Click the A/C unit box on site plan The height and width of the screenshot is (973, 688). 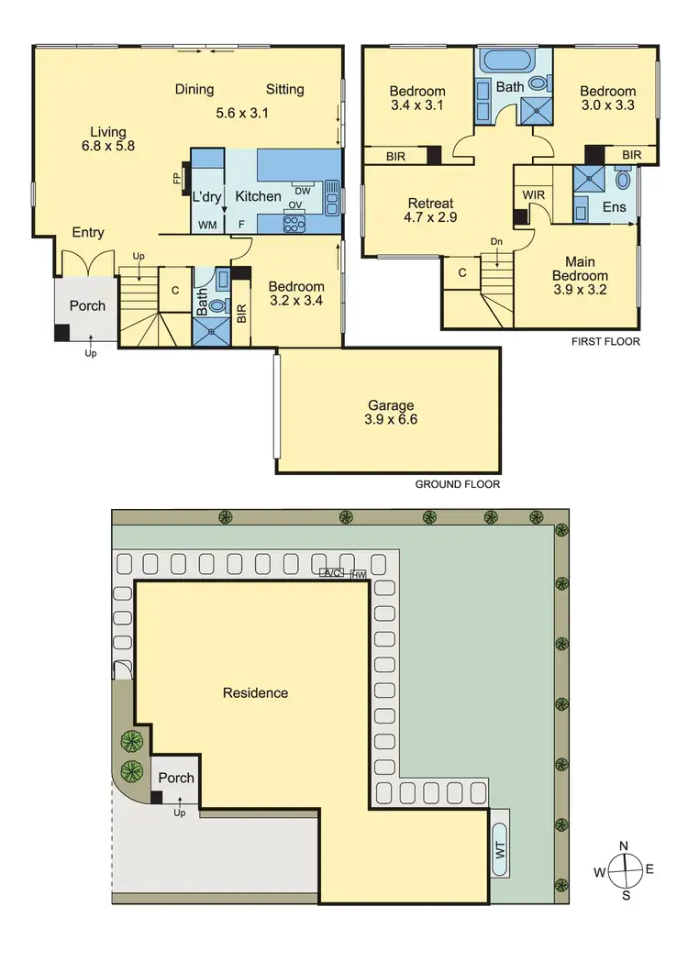click(331, 573)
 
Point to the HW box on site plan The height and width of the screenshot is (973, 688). click(358, 574)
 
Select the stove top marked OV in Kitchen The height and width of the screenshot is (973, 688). click(295, 221)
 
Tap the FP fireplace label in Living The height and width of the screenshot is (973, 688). click(177, 178)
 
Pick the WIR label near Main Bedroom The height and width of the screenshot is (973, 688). click(534, 194)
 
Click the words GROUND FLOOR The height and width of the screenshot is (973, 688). click(458, 484)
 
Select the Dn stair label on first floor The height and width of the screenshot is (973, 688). click(496, 240)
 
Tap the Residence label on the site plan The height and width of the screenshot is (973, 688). click(255, 693)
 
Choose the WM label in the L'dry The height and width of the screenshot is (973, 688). click(207, 224)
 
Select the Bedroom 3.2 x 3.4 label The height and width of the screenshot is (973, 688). click(297, 293)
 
